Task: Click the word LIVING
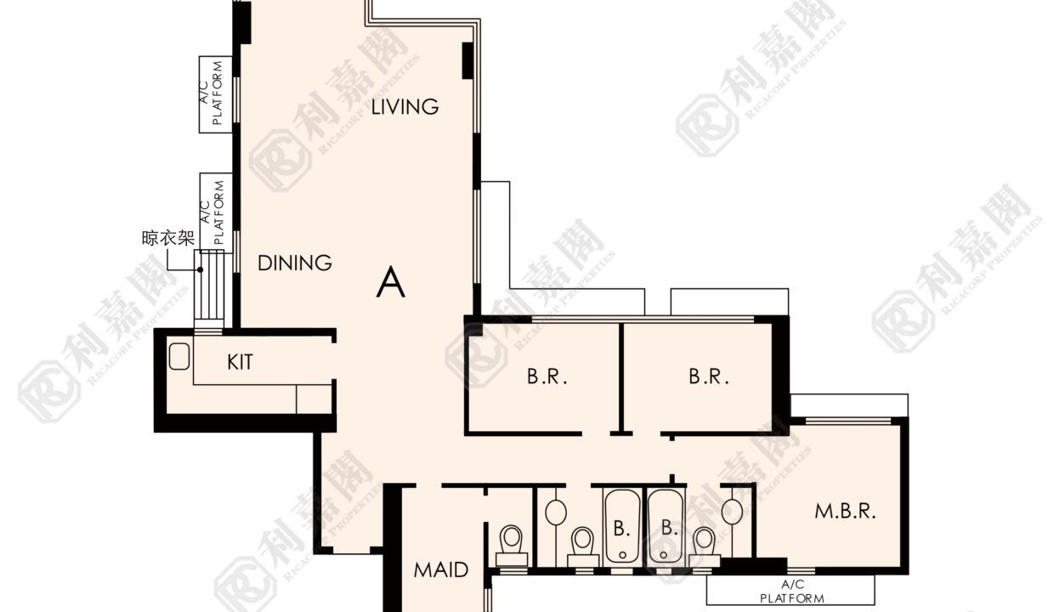405,107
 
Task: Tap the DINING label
295,263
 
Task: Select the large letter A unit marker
390,282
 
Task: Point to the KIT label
240,362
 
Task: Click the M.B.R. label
845,512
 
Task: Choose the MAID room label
441,570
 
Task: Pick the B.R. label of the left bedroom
547,377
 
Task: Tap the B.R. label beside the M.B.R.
709,377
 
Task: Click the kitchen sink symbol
179,356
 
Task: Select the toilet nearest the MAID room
512,546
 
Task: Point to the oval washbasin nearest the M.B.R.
732,512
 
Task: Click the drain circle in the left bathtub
622,555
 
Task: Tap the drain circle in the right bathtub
664,555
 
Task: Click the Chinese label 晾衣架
168,238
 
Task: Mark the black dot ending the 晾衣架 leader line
200,269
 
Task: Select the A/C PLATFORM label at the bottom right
792,592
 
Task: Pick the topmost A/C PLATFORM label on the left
211,93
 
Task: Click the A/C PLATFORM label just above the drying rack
212,212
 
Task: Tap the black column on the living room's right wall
467,60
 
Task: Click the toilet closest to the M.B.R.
705,547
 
